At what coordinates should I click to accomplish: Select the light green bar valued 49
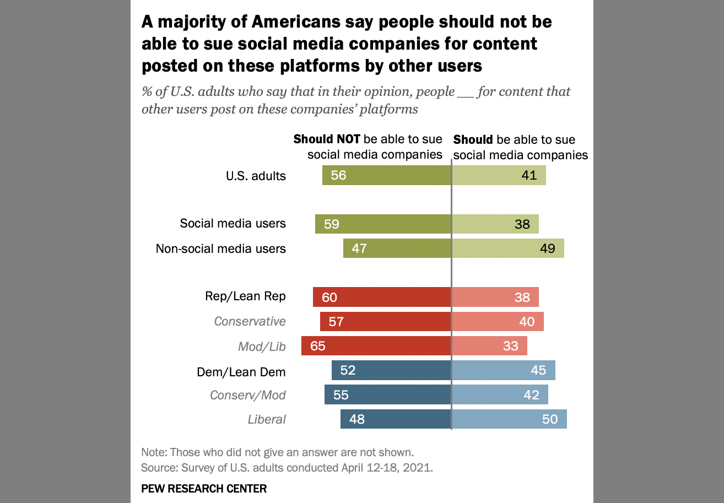coord(507,248)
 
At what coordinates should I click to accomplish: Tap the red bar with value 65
coord(376,346)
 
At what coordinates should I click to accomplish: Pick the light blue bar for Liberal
coord(509,419)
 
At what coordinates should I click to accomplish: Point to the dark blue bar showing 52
coord(391,371)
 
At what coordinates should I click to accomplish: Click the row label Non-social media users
coord(221,248)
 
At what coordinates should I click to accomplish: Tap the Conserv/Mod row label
coord(248,395)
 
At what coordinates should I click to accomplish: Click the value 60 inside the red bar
coord(329,298)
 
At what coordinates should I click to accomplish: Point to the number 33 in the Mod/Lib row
coord(511,346)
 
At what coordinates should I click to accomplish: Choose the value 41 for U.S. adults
coord(530,176)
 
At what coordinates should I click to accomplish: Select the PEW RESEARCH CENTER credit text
coord(204,488)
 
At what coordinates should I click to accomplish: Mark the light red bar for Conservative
coord(498,321)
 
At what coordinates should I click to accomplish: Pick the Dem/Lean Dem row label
coord(241,372)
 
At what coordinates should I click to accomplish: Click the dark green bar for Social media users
coord(383,224)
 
